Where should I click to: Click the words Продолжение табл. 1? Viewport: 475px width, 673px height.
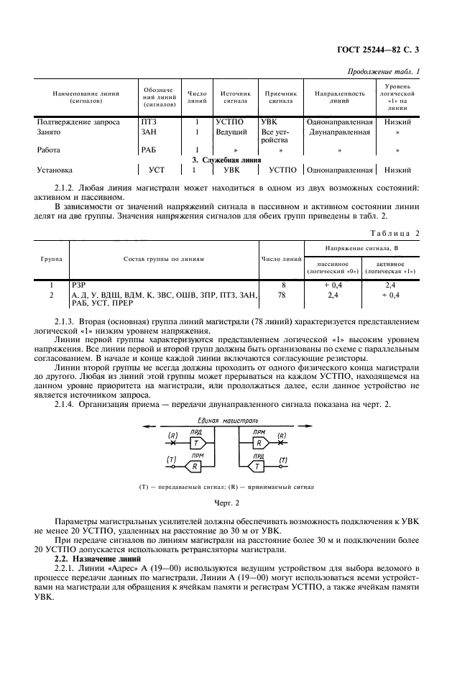(384, 71)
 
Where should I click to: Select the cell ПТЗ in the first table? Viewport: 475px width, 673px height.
(149, 122)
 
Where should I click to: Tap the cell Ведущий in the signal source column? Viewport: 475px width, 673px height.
(231, 132)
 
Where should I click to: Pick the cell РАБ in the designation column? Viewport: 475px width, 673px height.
(149, 150)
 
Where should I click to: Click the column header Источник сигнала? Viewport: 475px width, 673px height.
(235, 98)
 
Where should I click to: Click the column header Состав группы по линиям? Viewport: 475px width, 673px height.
(164, 258)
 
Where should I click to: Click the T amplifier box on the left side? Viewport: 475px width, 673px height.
(195, 443)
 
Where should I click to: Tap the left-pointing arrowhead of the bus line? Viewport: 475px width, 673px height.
(148, 426)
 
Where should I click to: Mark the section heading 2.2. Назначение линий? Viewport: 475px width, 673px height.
(99, 558)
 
